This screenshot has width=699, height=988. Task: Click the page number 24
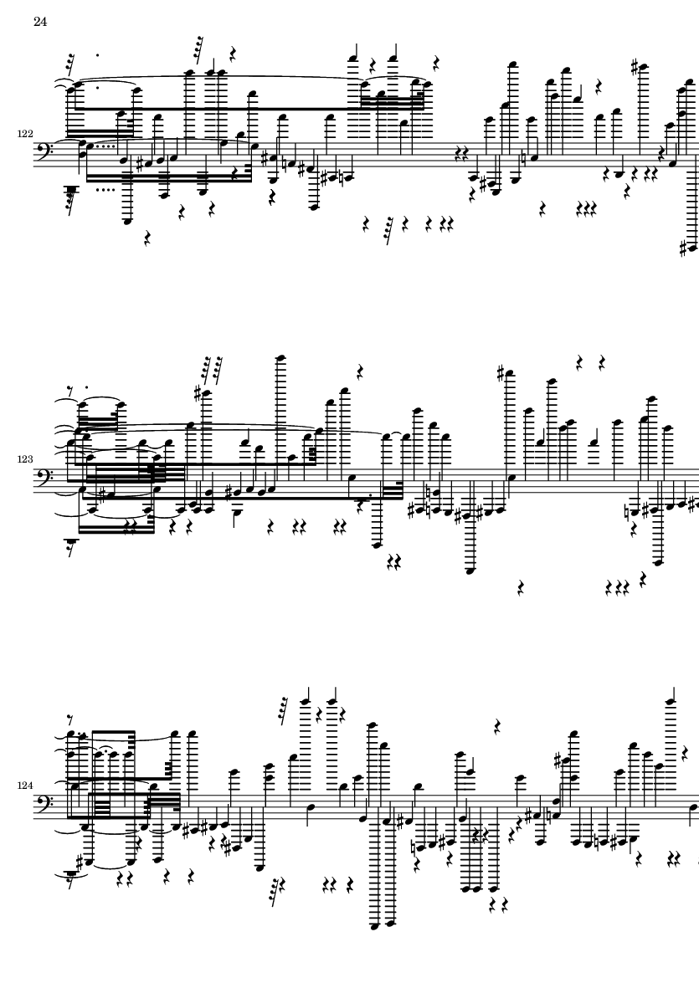coord(40,22)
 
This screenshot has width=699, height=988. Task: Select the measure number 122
coord(25,134)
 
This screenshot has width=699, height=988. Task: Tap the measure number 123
coord(25,459)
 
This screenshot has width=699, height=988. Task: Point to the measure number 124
coord(25,785)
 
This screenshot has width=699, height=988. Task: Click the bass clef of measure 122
coord(44,154)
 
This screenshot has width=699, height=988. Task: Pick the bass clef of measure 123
coord(44,479)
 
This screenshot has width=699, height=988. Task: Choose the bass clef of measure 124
coord(44,806)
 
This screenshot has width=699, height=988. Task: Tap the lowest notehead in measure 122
coord(692,248)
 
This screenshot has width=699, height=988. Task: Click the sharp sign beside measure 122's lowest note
coord(683,248)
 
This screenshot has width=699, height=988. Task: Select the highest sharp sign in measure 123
coord(501,374)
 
